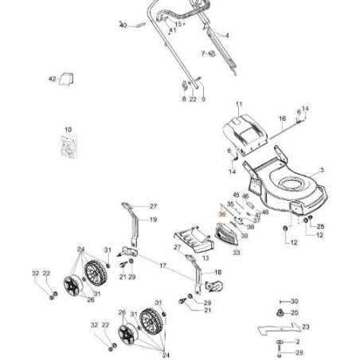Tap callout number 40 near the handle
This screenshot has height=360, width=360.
[x=123, y=25]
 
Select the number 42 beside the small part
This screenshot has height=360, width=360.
[x=53, y=79]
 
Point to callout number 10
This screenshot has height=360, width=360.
[x=68, y=129]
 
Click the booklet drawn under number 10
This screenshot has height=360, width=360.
[x=68, y=147]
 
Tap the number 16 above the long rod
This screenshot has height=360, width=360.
[x=281, y=118]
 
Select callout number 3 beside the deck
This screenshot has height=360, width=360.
[x=321, y=170]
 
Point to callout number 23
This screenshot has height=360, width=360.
[x=305, y=327]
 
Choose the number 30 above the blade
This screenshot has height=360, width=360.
[x=294, y=301]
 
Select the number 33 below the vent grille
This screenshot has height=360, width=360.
[x=237, y=252]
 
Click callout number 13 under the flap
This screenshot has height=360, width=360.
[x=205, y=260]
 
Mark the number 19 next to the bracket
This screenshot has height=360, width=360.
[x=153, y=219]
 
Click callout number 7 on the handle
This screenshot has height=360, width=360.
[x=203, y=53]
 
